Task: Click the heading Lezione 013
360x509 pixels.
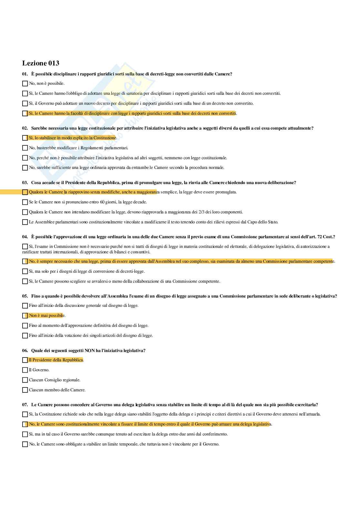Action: click(41, 63)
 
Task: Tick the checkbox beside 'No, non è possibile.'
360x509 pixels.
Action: click(25, 83)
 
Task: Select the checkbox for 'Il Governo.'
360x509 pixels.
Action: click(25, 370)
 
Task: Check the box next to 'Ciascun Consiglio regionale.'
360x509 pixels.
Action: click(25, 380)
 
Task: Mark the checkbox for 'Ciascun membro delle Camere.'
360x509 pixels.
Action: click(25, 390)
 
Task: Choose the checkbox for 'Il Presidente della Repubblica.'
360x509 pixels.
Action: click(25, 360)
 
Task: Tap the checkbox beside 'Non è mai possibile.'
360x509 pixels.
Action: click(25, 316)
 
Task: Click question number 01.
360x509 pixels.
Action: click(25, 74)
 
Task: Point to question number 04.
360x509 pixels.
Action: click(25, 237)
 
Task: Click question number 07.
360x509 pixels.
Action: click(25, 405)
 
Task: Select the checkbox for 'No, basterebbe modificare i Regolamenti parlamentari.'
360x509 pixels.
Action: click(25, 148)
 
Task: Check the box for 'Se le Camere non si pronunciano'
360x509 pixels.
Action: click(25, 202)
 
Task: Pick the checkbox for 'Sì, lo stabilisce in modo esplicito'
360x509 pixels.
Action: click(25, 138)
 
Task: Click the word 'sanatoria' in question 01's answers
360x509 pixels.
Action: click(134, 93)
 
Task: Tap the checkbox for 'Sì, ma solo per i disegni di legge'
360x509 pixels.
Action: click(25, 271)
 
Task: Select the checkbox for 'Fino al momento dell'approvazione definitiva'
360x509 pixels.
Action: click(25, 326)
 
